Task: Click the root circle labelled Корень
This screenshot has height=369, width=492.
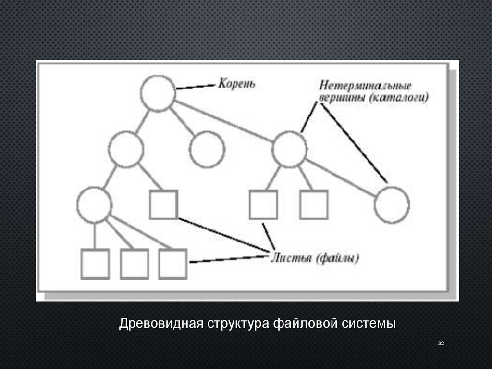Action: click(x=158, y=93)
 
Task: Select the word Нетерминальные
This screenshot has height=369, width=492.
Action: click(x=365, y=86)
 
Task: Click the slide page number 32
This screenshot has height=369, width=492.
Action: click(x=441, y=343)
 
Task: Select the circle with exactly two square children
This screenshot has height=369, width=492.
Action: click(x=289, y=150)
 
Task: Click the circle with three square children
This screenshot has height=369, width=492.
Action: click(x=95, y=204)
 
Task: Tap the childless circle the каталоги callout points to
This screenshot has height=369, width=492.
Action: click(x=392, y=204)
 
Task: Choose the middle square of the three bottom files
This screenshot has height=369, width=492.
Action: click(x=134, y=264)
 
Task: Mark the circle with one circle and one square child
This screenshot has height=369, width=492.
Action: click(x=126, y=150)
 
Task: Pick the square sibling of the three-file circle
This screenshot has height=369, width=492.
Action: click(x=163, y=204)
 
